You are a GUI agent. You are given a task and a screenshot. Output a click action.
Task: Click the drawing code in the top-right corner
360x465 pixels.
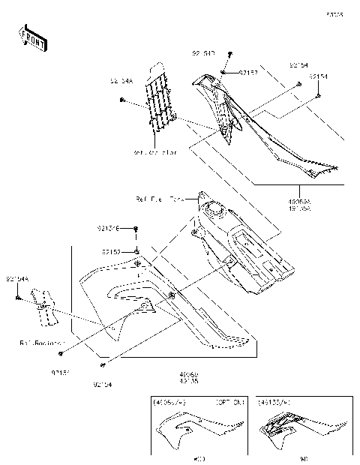334,14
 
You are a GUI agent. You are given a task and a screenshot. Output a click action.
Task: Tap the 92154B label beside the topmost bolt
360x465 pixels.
203,53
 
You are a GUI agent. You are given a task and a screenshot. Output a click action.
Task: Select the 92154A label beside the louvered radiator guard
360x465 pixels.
121,81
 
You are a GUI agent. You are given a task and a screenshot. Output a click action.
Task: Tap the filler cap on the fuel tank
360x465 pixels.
216,211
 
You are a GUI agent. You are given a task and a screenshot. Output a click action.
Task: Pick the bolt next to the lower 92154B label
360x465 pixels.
136,228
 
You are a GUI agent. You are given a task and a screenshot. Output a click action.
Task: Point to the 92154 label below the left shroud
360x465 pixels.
103,385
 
